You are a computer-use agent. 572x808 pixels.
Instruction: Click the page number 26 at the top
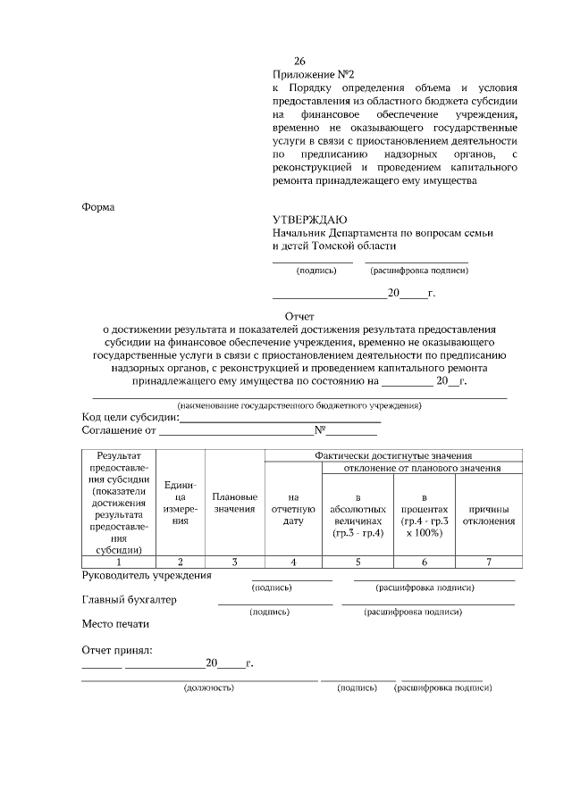click(x=287, y=62)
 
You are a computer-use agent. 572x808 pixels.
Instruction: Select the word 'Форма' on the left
click(x=98, y=207)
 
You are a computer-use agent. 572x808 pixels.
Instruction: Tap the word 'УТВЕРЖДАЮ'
click(x=310, y=220)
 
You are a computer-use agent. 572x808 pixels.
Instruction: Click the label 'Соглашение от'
click(x=119, y=430)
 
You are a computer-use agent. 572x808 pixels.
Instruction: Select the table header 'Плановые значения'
click(x=235, y=502)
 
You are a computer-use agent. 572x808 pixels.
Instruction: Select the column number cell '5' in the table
click(x=357, y=562)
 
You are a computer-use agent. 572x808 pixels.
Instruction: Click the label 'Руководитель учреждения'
click(x=147, y=575)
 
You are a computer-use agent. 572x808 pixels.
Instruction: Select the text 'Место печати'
click(x=115, y=623)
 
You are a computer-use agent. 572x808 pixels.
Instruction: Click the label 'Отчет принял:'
click(x=116, y=649)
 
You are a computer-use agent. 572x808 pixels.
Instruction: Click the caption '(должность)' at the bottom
click(x=208, y=688)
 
